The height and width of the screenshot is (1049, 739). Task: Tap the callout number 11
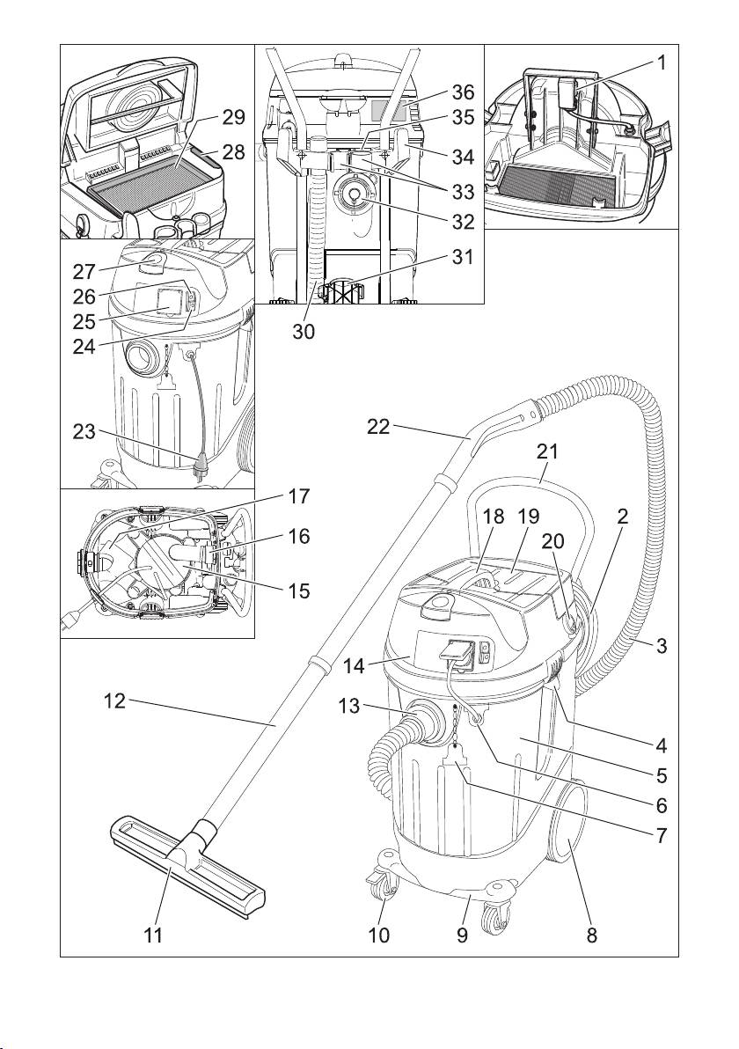coord(153,936)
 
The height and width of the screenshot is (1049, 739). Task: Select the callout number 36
coord(463,91)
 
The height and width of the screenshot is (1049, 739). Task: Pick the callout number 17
coord(298,496)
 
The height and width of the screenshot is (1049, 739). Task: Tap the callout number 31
coord(463,257)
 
